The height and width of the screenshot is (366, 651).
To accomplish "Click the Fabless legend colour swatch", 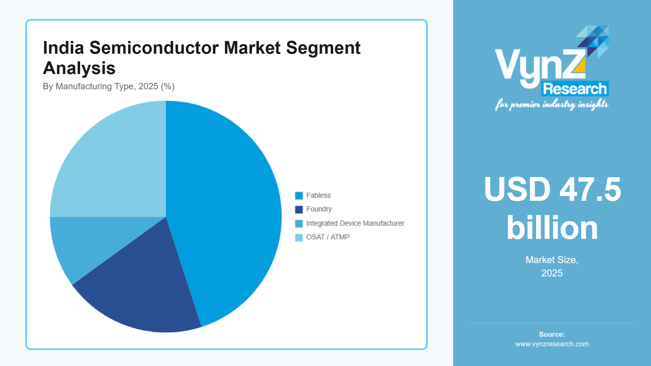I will tap(299, 195).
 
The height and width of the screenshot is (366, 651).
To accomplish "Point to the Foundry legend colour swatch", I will tap(299, 209).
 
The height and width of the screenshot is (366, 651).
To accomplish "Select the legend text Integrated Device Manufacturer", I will tap(355, 223).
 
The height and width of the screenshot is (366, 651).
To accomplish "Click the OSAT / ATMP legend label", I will tap(328, 237).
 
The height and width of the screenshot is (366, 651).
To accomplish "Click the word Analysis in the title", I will tap(79, 68).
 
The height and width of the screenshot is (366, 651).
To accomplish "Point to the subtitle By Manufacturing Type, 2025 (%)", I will tap(109, 86).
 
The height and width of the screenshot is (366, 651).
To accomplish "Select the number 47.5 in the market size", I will tap(590, 190).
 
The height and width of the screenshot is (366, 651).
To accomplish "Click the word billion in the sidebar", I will tap(552, 228).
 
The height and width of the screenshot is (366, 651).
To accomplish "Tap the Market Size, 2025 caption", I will tap(552, 266).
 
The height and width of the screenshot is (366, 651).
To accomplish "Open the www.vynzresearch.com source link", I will tap(552, 344).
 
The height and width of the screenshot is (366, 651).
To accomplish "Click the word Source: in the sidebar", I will tap(552, 334).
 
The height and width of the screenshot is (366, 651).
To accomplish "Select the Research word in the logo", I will tap(575, 89).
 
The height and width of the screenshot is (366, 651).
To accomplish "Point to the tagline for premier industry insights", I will tap(552, 105).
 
